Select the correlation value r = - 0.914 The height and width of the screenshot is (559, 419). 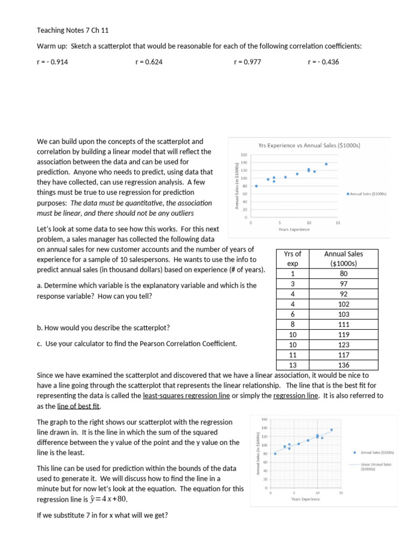click(52, 62)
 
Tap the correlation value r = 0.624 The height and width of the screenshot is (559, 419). click(148, 62)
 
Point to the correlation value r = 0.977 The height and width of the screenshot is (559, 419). click(247, 62)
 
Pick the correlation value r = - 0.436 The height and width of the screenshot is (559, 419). click(323, 62)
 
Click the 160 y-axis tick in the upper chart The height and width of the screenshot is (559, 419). click(244, 155)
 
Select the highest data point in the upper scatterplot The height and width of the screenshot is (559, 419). click(326, 164)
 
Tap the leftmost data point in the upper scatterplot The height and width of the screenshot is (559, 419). click(256, 186)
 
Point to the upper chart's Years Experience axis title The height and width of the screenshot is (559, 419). click(294, 229)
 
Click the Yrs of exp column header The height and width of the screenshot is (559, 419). click(293, 258)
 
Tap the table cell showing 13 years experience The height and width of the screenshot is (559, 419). click(293, 365)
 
